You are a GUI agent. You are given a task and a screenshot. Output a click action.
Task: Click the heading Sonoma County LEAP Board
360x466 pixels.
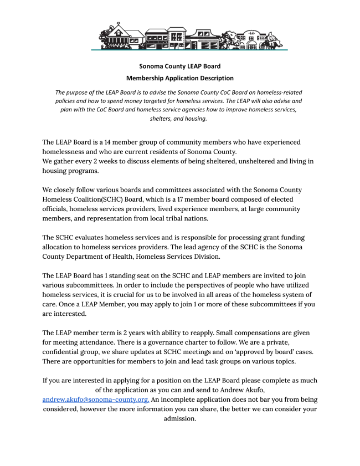(179, 66)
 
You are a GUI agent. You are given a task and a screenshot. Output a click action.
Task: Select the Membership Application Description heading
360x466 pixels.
(179, 78)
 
